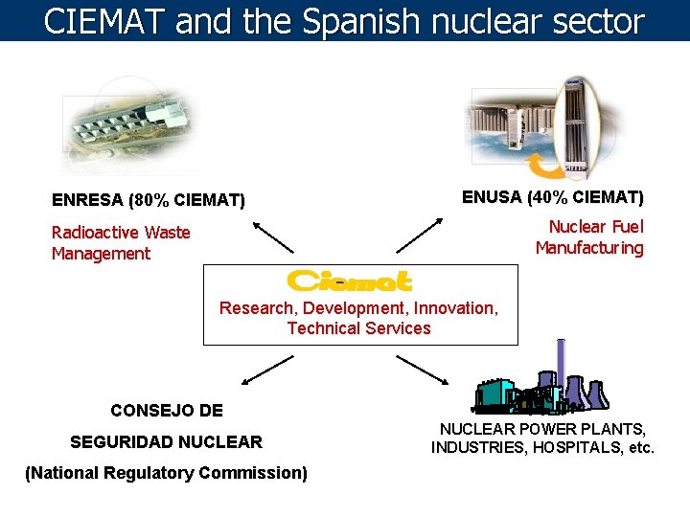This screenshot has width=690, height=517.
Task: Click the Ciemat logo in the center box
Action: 350,281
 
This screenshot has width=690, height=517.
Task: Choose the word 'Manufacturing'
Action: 589,248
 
